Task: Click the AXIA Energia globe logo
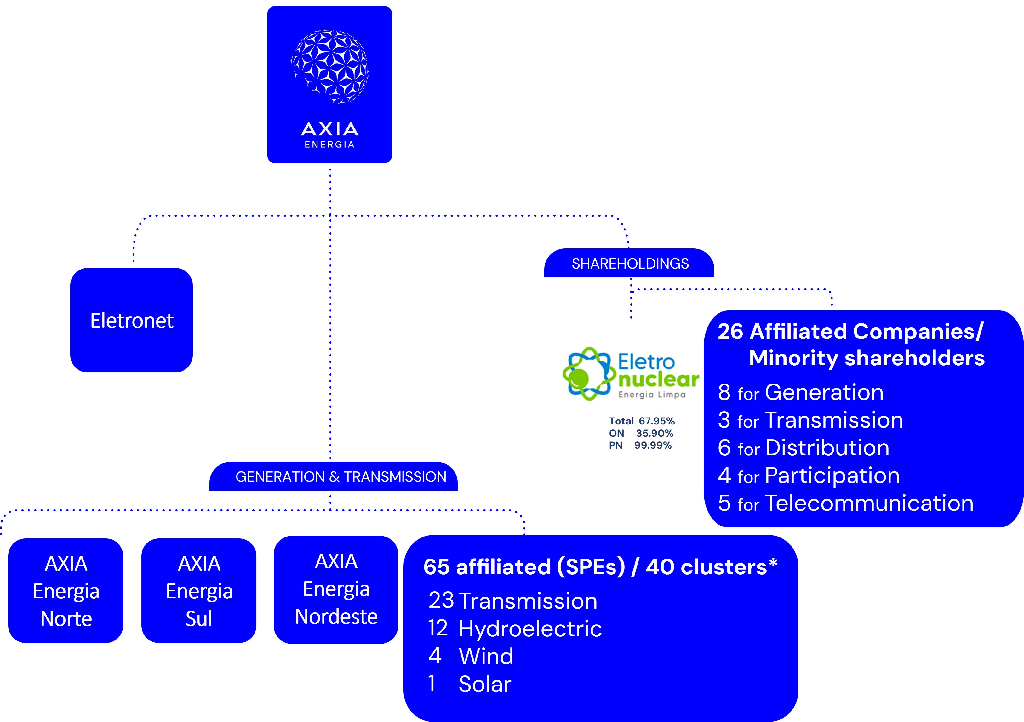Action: pos(330,67)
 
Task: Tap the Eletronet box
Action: pos(132,320)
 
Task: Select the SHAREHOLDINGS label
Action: pos(630,264)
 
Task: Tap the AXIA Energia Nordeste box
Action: pos(336,589)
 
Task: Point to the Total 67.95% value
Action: pos(656,421)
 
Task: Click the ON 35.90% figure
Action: pos(654,433)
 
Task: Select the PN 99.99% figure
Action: pos(653,445)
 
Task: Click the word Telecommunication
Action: pos(869,503)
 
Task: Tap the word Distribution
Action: pos(827,448)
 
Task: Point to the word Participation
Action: pos(832,475)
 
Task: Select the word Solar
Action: pos(485,684)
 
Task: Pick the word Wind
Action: pos(486,657)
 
